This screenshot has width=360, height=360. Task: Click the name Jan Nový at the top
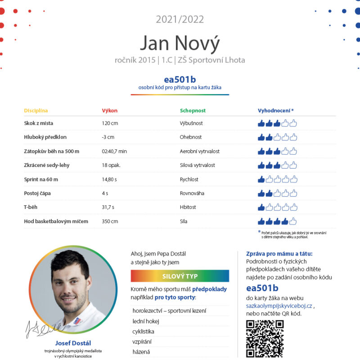pos(180,43)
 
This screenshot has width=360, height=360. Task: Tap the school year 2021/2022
pos(180,19)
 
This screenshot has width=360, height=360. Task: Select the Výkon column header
pos(110,110)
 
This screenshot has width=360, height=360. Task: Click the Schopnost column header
pos(193,110)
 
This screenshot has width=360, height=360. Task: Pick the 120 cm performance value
pos(110,123)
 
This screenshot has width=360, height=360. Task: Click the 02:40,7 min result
pos(114,151)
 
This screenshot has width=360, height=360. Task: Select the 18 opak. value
pos(111,165)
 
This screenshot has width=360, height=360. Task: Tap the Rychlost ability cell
pos(189,180)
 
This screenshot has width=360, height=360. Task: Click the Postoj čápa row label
pos(37,193)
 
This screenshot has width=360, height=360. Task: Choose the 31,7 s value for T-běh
pos(108,207)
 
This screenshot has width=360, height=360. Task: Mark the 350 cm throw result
pos(110,221)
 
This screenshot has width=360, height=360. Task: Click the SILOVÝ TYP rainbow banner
pos(180,276)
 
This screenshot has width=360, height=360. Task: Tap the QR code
pos(265,338)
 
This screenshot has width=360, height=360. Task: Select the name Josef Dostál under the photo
pos(73,342)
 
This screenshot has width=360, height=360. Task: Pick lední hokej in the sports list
pos(146,321)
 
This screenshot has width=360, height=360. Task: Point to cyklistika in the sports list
pos(144,332)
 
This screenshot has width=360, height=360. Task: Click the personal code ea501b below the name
pos(180,80)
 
